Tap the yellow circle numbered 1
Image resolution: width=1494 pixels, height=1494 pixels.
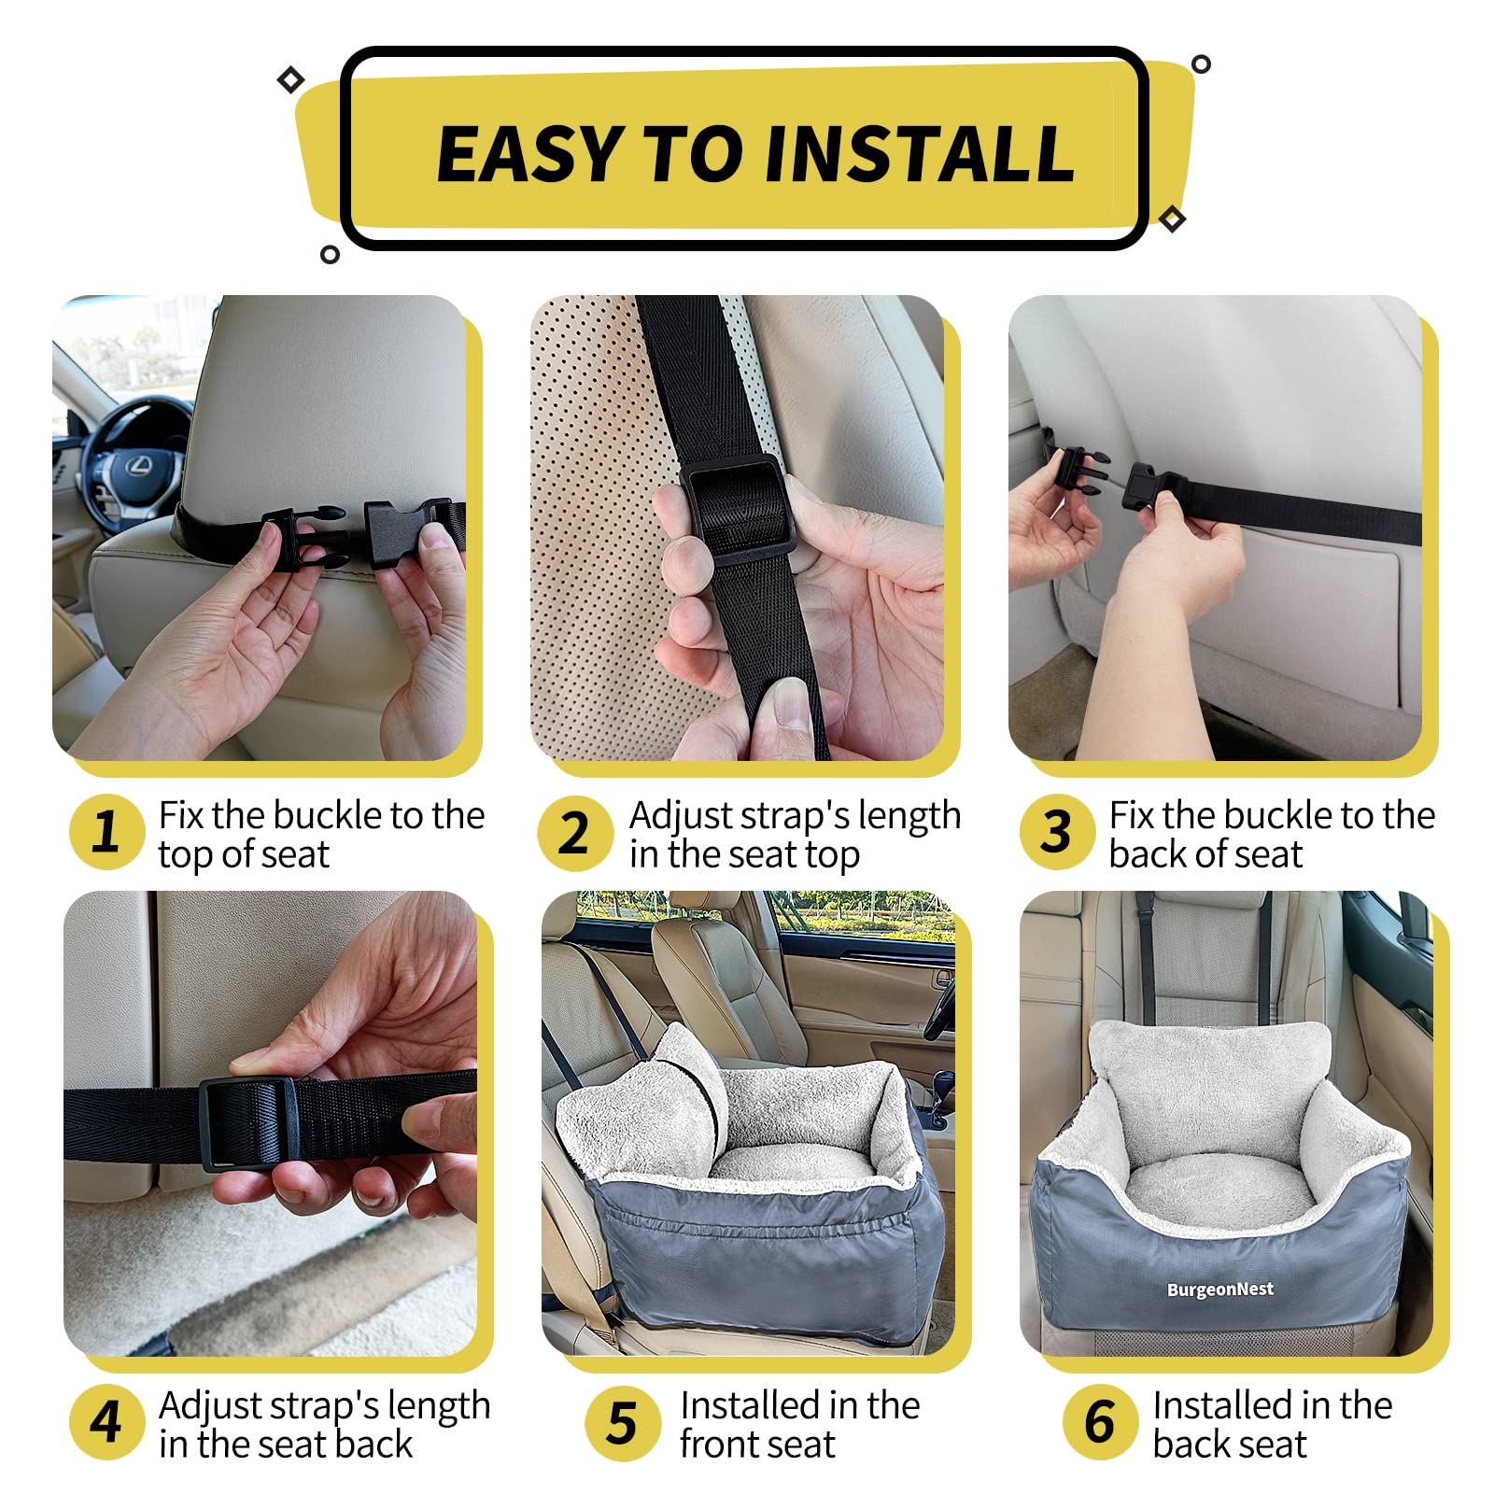tap(106, 831)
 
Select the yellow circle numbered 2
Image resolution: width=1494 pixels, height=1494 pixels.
tap(574, 833)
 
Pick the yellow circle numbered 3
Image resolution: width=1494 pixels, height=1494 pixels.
tap(1056, 831)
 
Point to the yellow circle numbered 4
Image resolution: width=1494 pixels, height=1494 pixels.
tap(106, 1421)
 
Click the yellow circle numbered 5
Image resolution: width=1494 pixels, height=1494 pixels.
tap(622, 1423)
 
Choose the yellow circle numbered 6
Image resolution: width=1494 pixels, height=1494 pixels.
tap(1100, 1421)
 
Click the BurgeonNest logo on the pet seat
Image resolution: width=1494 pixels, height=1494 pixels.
tap(1219, 1290)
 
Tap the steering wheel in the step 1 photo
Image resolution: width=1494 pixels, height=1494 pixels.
tap(131, 458)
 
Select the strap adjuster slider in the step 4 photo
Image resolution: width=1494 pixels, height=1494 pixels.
tap(246, 1123)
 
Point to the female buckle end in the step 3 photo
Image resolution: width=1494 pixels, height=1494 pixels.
tap(1150, 486)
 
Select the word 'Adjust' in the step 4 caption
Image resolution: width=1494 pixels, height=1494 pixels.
tap(211, 1406)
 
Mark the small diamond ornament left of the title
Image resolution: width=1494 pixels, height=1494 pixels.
tap(291, 80)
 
